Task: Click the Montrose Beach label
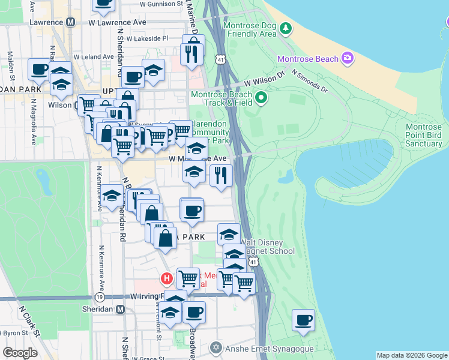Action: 306,58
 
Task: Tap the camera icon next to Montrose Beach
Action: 347,58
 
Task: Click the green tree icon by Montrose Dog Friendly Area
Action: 286,28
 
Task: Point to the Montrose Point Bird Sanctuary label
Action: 424,135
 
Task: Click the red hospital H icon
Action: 167,279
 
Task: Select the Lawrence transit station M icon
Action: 71,22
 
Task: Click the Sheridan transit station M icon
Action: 120,309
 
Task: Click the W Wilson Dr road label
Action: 264,80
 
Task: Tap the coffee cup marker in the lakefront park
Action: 304,320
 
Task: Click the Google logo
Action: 20,353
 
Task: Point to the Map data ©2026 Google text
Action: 411,355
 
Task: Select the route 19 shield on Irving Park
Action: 99,297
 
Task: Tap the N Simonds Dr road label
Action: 310,82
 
